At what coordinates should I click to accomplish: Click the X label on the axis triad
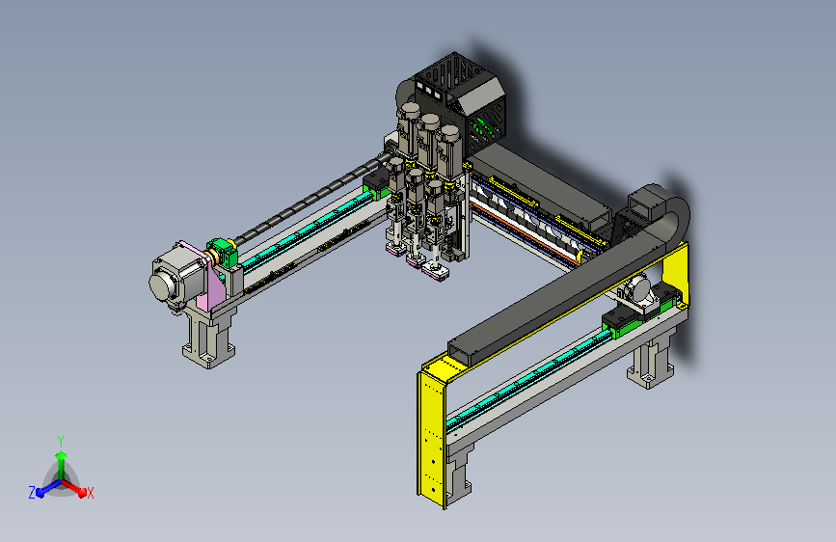(90, 494)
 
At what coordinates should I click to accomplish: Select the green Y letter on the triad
(61, 442)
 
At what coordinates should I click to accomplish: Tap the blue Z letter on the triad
(32, 493)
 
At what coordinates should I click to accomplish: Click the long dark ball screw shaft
(310, 197)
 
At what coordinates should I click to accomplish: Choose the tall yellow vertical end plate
(432, 432)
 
